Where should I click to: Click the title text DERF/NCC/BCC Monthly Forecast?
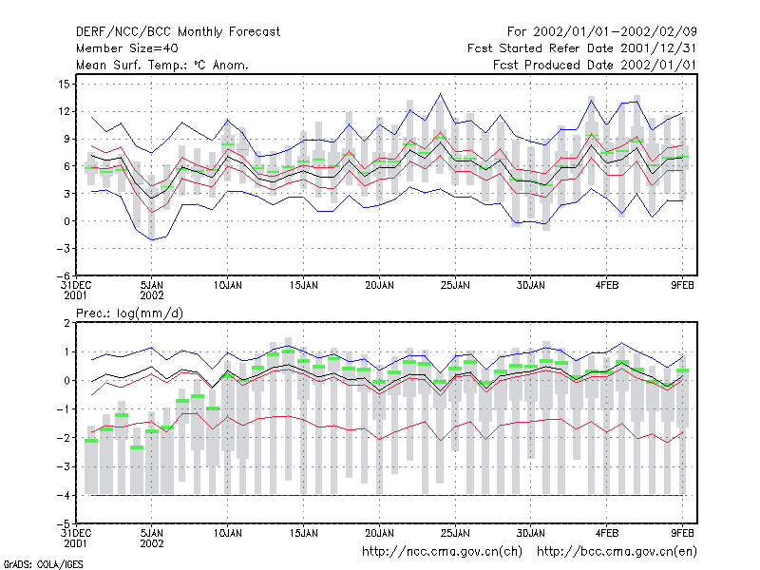178,32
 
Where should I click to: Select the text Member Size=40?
127,48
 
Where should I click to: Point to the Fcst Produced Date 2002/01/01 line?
595,65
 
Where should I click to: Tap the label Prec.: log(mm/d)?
129,313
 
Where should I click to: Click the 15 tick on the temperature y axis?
65,85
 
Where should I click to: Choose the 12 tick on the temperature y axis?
65,111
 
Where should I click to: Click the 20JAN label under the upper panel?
379,286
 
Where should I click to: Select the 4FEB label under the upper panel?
607,286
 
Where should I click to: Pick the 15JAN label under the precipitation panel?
303,534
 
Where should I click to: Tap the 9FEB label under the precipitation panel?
682,534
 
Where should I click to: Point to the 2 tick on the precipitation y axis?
66,323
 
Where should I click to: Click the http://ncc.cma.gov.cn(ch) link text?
442,552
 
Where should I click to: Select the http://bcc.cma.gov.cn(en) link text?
617,552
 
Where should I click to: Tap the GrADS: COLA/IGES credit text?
43,564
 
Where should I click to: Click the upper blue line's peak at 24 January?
440,94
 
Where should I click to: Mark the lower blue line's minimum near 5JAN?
152,240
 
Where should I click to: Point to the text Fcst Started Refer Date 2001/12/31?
581,48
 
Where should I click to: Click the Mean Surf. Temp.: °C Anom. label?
162,65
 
